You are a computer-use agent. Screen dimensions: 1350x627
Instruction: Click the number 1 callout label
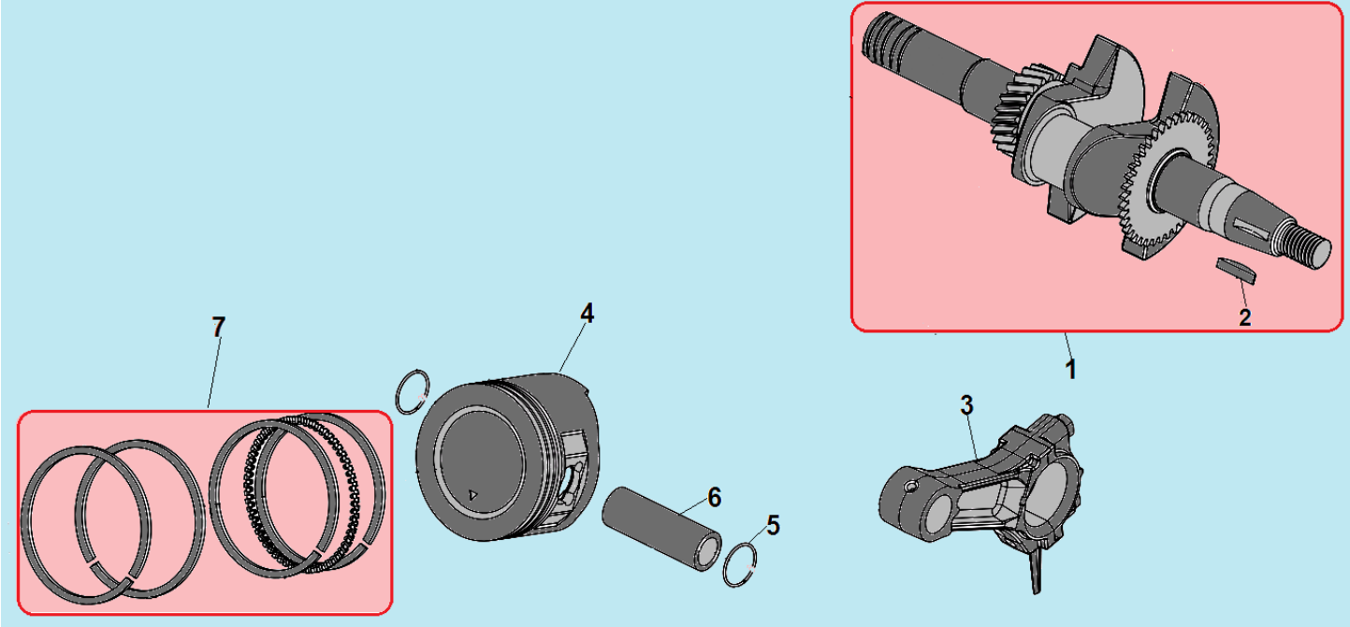click(x=1070, y=369)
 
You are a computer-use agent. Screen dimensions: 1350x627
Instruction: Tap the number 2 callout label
click(x=1245, y=317)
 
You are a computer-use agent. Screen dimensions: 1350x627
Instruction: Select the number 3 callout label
click(x=966, y=405)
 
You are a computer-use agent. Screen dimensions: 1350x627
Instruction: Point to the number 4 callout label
click(x=587, y=313)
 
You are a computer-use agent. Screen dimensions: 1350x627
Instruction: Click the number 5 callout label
click(x=774, y=525)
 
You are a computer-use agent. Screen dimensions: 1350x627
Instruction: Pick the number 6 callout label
click(x=714, y=497)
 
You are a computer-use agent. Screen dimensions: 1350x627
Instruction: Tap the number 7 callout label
click(x=218, y=328)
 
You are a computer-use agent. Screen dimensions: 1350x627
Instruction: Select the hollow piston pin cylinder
click(x=661, y=529)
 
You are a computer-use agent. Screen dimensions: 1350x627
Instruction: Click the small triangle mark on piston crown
click(x=473, y=495)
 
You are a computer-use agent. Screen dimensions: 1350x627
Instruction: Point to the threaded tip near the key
click(x=1305, y=243)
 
